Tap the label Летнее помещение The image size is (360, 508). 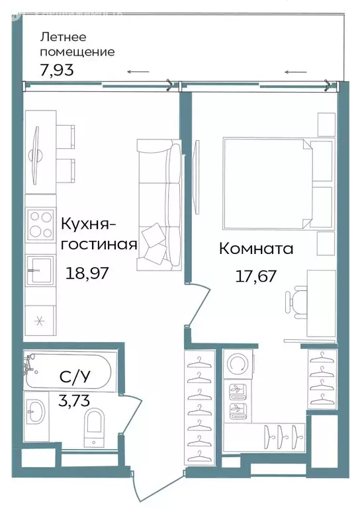(x=77, y=44)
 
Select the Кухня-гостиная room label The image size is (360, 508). (x=99, y=234)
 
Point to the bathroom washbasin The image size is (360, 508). (x=35, y=413)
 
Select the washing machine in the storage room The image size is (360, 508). (x=236, y=364)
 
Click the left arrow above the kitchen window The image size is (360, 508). (x=138, y=72)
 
